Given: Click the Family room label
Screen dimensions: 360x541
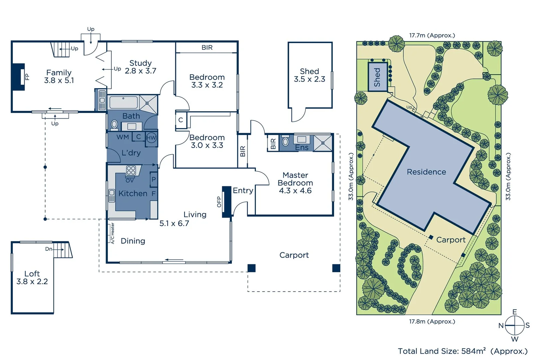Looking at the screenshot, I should pos(59,76).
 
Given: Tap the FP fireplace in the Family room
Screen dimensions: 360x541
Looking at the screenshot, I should pos(19,77).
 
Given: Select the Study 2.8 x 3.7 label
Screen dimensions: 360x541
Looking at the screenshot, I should pos(140,67).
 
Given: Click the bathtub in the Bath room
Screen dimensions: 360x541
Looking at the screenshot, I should pos(124,102).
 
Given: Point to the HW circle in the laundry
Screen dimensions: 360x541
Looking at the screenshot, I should pos(151,138).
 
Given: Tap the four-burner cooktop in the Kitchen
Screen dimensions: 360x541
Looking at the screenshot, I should pos(131,170).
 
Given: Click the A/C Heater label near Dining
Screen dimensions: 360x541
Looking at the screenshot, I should pos(112,233).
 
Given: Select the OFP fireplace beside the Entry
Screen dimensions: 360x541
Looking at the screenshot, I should pos(227,202).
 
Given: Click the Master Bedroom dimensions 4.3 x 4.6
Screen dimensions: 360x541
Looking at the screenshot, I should pos(295,191).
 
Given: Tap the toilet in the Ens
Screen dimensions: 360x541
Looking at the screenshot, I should pos(285,142).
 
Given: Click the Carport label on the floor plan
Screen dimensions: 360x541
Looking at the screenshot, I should pos(294,255).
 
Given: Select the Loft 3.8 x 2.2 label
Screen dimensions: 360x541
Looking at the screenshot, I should pos(32,278).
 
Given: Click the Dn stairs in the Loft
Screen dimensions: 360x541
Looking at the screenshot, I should pos(62,250).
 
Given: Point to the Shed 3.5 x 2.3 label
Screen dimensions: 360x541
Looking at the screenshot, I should pos(309,75).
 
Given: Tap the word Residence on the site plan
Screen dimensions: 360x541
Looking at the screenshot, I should pos(426,172).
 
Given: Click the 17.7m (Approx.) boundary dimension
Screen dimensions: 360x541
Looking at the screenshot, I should pos(432,35).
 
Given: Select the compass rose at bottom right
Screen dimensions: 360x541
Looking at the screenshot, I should pos(515,325).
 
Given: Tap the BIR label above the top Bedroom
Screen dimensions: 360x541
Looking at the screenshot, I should pos(207,48).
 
